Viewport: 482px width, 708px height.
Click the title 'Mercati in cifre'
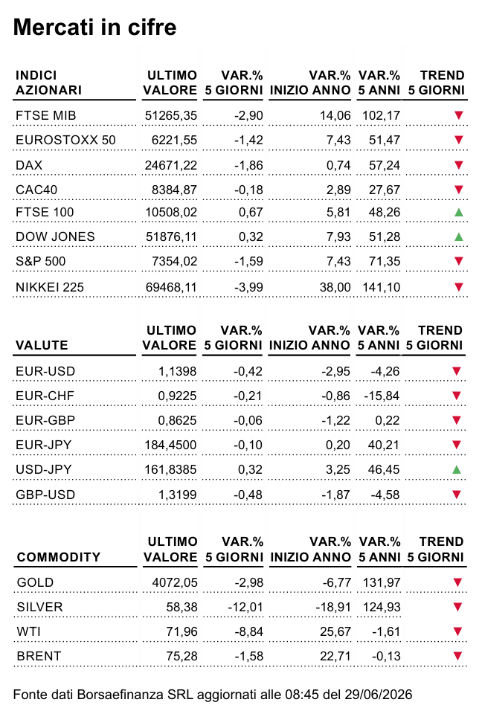[x=95, y=27]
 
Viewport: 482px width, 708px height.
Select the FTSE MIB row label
[x=45, y=115]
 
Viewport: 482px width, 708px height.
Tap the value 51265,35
[x=171, y=115]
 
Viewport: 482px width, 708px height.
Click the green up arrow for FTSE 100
[x=458, y=212]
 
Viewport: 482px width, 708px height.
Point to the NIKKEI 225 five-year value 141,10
[x=381, y=287]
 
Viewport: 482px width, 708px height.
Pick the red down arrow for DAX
[x=458, y=165]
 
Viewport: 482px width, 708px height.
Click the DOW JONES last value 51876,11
[x=171, y=236]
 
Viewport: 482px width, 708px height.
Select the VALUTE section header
[x=42, y=345]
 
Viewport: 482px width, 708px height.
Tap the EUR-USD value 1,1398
[x=177, y=371]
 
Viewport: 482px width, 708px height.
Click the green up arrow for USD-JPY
[x=456, y=469]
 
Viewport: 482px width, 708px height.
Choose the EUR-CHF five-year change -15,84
[x=382, y=396]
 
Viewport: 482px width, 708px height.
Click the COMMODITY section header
[x=58, y=557]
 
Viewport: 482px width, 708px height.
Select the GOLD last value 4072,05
[x=174, y=582]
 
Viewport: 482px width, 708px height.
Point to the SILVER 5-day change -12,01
[x=245, y=607]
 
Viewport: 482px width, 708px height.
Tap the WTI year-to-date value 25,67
[x=335, y=631]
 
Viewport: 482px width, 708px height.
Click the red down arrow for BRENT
[x=457, y=656]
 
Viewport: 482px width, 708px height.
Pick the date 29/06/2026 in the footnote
[x=379, y=695]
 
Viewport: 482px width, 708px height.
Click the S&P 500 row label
[x=41, y=261]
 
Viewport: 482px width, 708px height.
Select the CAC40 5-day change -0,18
[x=248, y=190]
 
